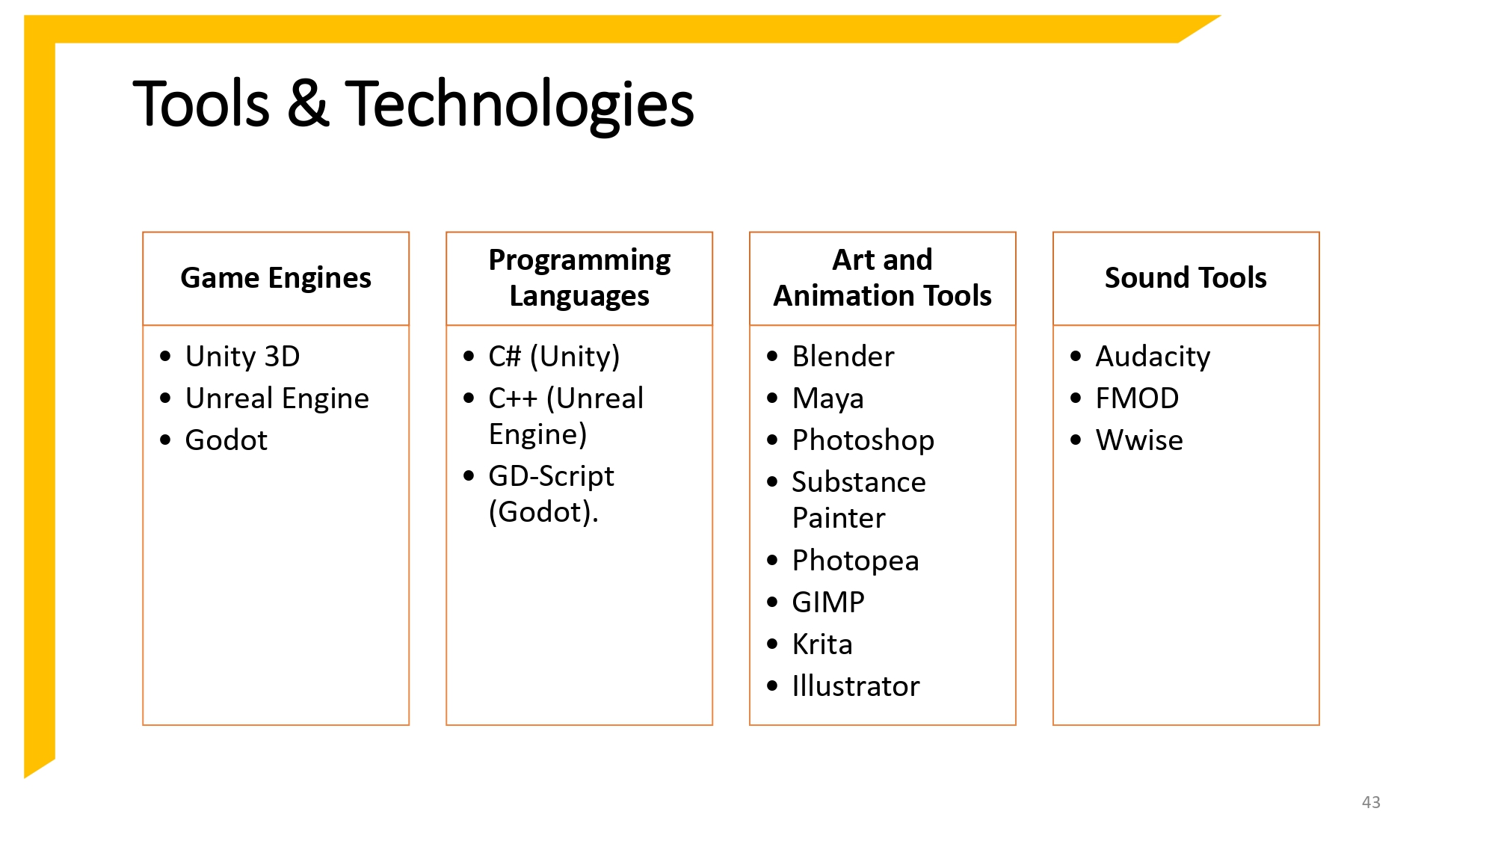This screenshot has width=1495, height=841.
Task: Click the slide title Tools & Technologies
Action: (413, 105)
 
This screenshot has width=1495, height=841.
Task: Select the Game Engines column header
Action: (276, 278)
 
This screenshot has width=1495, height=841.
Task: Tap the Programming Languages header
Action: (579, 278)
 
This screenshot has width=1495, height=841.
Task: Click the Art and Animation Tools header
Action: (882, 278)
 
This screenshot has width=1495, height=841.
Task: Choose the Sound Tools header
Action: (1186, 278)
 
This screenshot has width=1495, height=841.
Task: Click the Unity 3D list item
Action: (242, 357)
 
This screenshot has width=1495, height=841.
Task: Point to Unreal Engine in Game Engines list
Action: (277, 398)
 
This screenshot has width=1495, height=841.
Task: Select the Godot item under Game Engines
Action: (226, 440)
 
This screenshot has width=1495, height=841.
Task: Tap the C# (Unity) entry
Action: (554, 357)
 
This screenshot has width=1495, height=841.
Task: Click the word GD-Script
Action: (551, 476)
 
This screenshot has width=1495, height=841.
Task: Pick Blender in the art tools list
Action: (842, 357)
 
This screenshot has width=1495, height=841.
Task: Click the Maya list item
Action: (827, 398)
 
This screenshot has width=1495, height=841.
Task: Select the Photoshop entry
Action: (863, 440)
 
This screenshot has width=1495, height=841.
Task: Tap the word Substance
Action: (859, 482)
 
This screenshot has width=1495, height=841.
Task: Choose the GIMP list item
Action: (828, 603)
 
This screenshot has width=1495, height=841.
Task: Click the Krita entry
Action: (822, 644)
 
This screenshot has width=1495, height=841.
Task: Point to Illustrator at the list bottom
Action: (855, 686)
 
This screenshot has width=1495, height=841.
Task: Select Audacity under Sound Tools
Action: (1153, 357)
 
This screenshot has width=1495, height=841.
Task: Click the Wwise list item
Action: (1139, 440)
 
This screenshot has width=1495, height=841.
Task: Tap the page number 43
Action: (1371, 802)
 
